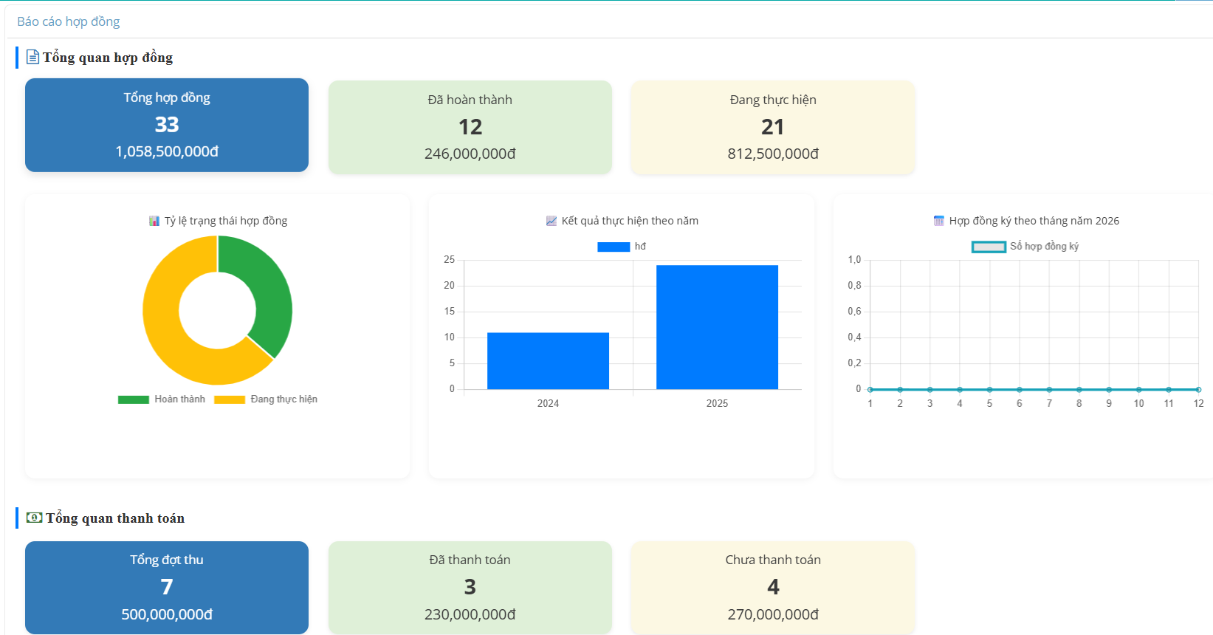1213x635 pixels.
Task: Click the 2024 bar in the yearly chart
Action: (x=548, y=361)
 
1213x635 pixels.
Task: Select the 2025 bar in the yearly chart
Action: (x=717, y=327)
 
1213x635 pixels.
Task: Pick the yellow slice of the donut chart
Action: (x=170, y=332)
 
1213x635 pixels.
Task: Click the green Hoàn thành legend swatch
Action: (x=134, y=399)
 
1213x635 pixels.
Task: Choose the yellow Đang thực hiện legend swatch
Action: (x=230, y=399)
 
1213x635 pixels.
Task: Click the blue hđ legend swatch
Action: (x=614, y=247)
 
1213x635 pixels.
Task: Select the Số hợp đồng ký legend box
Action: (x=989, y=247)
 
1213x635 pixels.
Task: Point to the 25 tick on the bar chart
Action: (x=449, y=260)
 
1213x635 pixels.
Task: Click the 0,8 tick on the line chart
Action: (x=854, y=286)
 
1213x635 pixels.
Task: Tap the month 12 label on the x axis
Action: (x=1198, y=403)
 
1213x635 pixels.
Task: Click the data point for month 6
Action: (x=1020, y=389)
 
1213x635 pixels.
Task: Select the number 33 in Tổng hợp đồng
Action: (x=167, y=125)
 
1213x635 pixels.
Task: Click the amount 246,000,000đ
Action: (x=470, y=154)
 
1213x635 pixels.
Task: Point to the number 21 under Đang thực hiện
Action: (x=773, y=127)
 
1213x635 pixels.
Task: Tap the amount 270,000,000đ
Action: (x=773, y=614)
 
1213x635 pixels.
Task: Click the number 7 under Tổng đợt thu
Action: (x=167, y=587)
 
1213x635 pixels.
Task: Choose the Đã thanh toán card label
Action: (x=470, y=560)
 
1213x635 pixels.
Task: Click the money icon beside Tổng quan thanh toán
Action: (x=34, y=518)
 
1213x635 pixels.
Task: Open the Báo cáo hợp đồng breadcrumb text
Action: (x=69, y=21)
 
